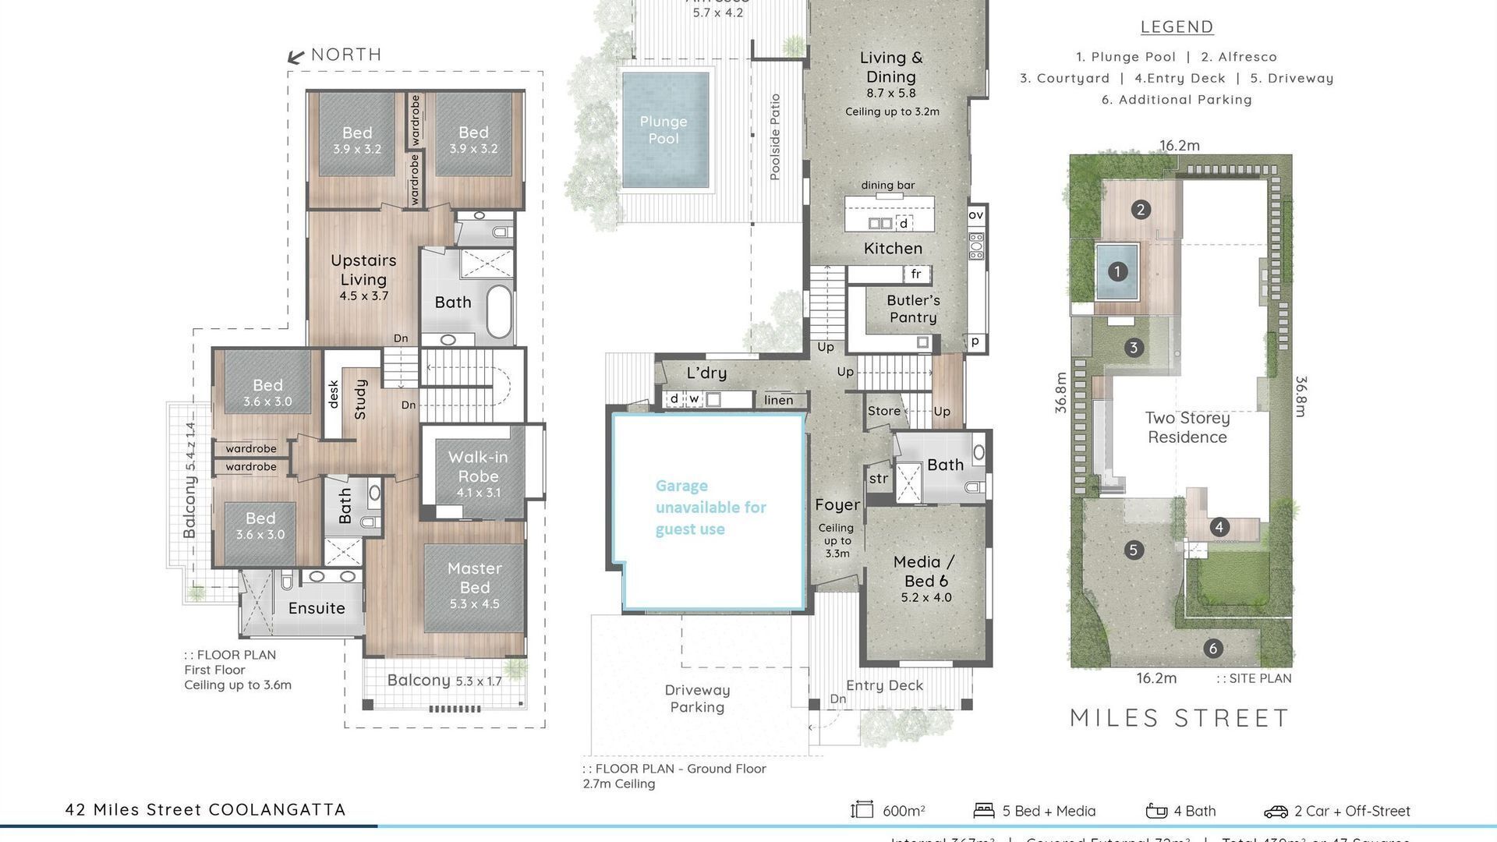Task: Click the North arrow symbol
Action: click(x=296, y=56)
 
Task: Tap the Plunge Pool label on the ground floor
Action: click(x=664, y=130)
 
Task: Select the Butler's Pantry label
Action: click(x=913, y=309)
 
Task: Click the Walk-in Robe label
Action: click(x=478, y=466)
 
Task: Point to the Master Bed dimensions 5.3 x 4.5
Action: click(x=474, y=603)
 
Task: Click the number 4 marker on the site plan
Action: click(x=1219, y=527)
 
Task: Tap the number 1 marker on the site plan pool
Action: click(x=1117, y=271)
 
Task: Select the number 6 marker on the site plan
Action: click(x=1212, y=648)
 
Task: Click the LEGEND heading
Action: click(x=1177, y=27)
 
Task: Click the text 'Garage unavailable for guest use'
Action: click(x=710, y=508)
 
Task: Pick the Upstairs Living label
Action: click(x=363, y=270)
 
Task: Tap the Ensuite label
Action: click(x=317, y=608)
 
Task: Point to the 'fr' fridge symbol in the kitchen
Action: click(x=916, y=274)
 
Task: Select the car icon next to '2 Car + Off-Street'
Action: click(x=1276, y=812)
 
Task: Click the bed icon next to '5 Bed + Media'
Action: click(x=984, y=811)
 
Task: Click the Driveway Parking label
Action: click(x=697, y=699)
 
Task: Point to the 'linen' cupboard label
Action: click(x=778, y=400)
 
